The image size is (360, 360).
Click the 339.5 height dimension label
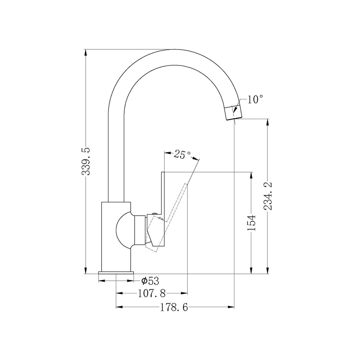tap(86, 161)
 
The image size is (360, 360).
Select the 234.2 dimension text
tap(268, 196)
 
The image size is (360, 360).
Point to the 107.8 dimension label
tap(152, 293)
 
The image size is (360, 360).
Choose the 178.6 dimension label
tap(174, 307)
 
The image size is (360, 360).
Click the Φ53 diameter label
tap(150, 280)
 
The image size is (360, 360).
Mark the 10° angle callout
tap(255, 100)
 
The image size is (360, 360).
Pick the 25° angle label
tap(182, 154)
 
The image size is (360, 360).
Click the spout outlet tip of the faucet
tap(234, 118)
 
